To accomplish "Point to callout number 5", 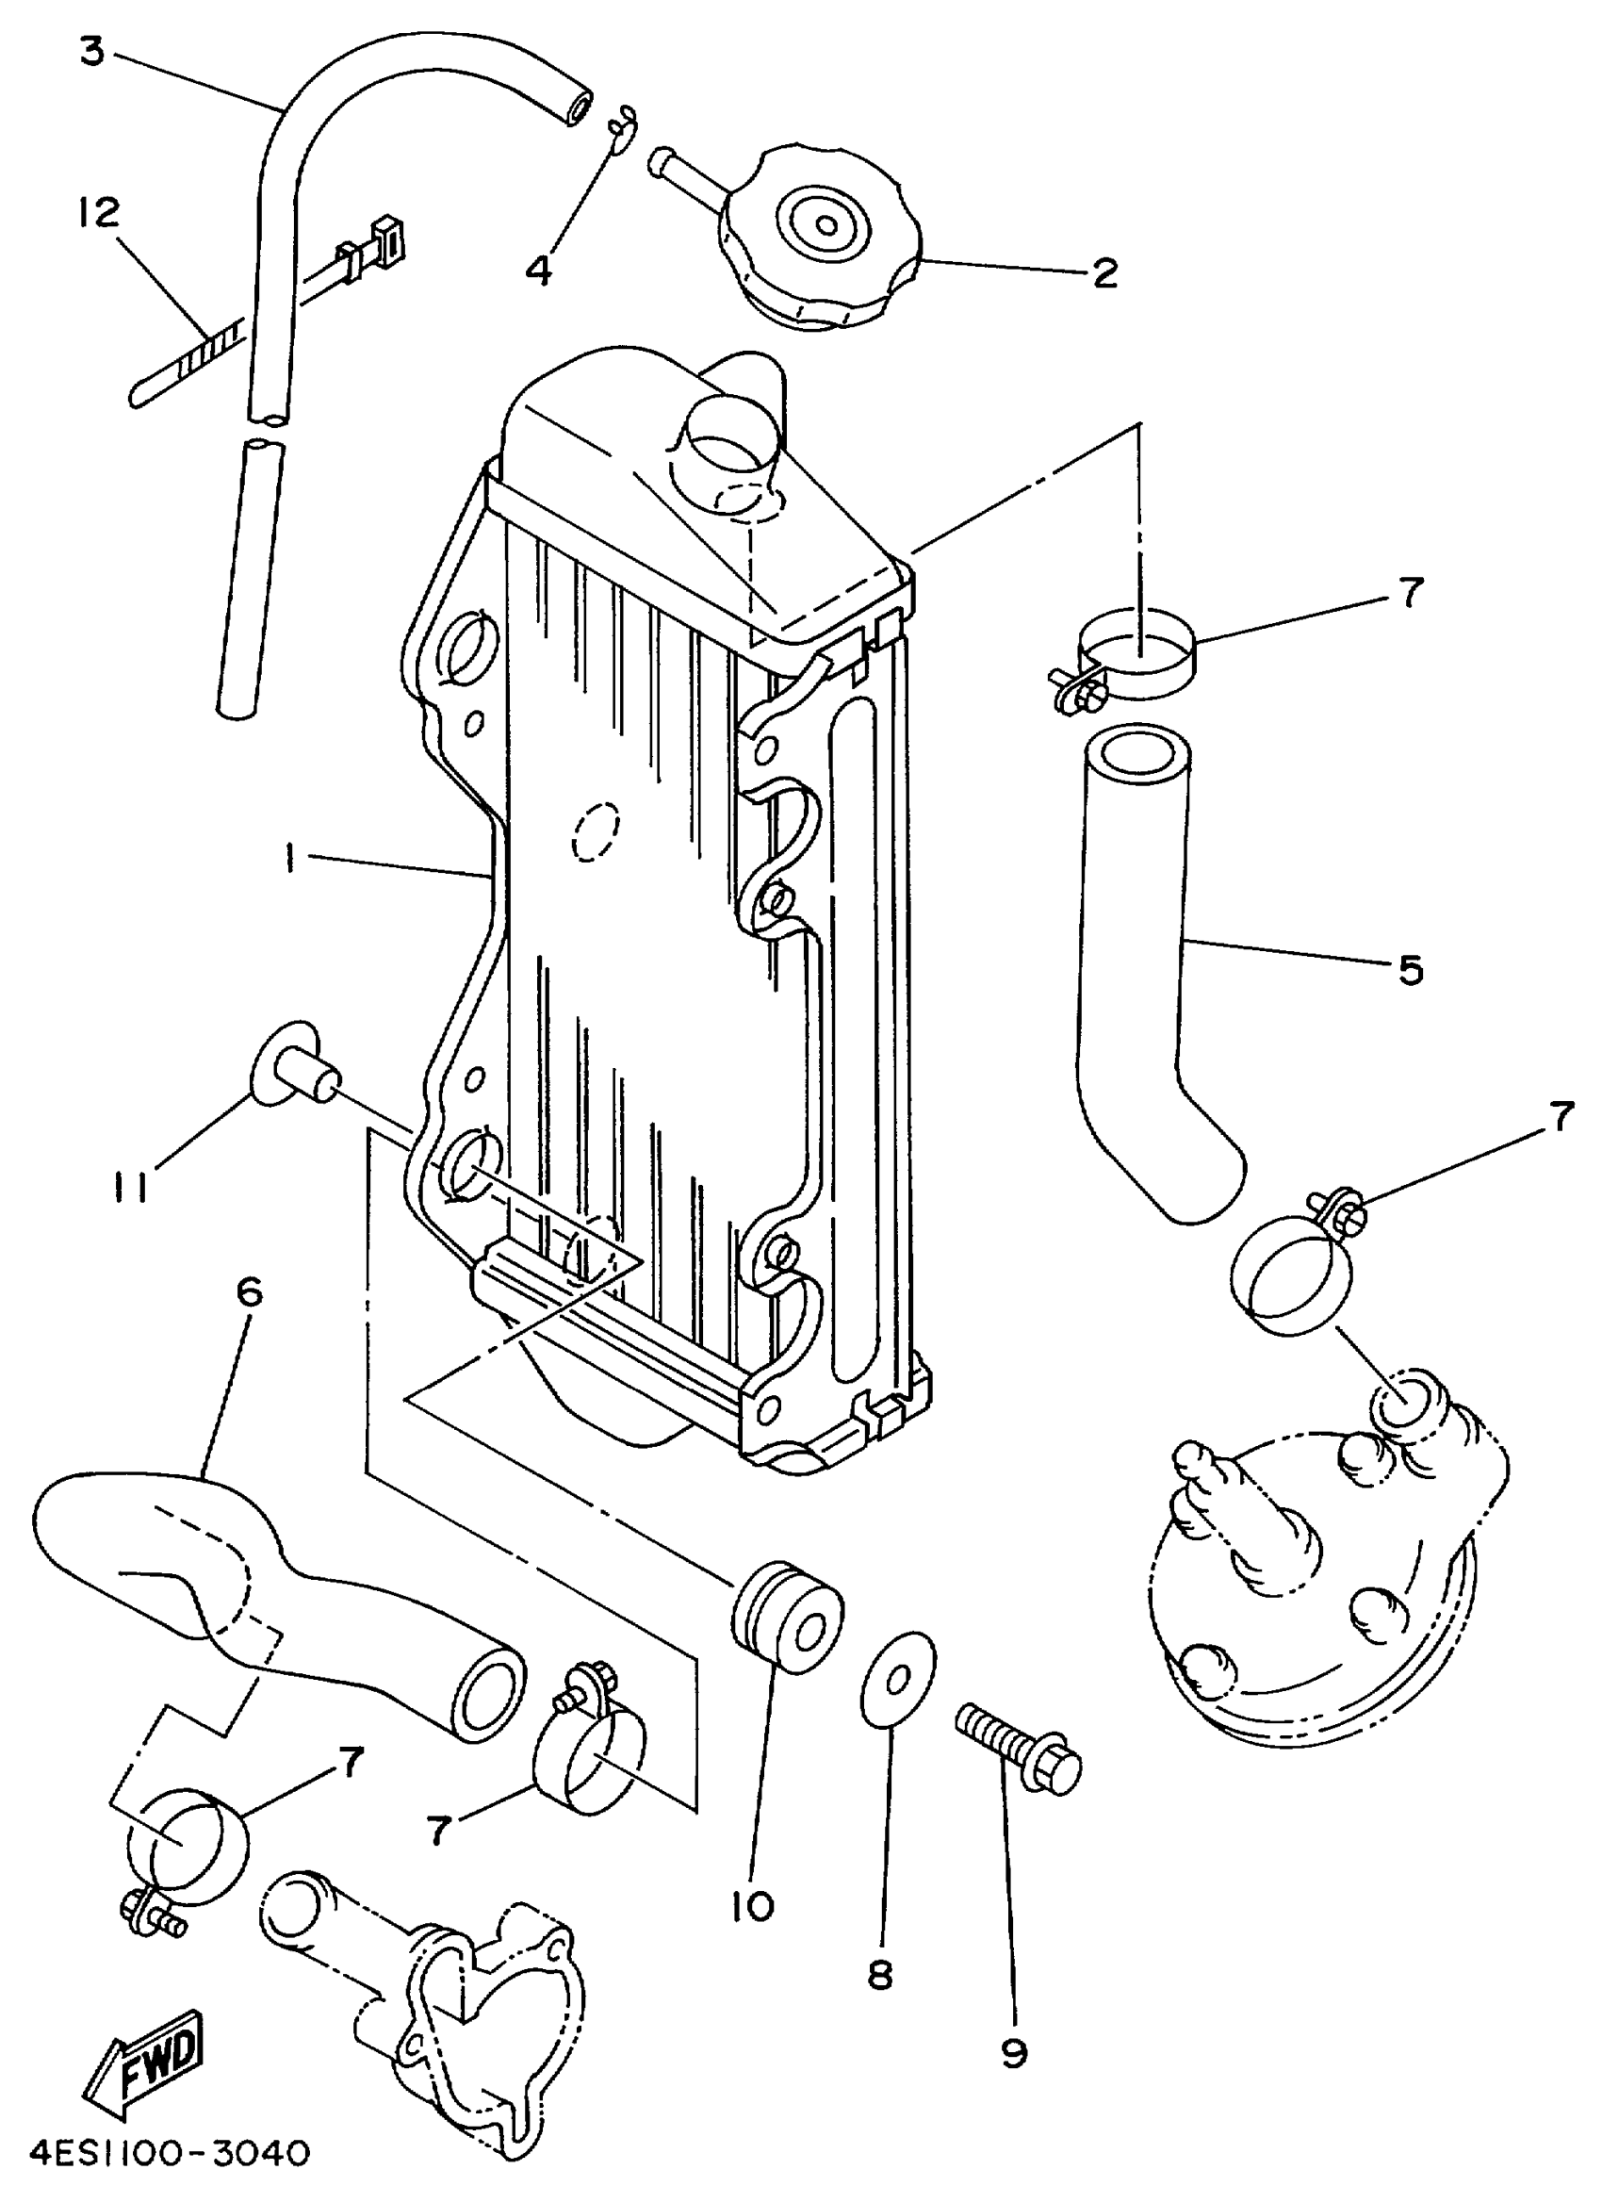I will pyautogui.click(x=1410, y=970).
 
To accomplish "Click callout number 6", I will pyautogui.click(x=249, y=1294).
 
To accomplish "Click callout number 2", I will pyautogui.click(x=1104, y=273).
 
